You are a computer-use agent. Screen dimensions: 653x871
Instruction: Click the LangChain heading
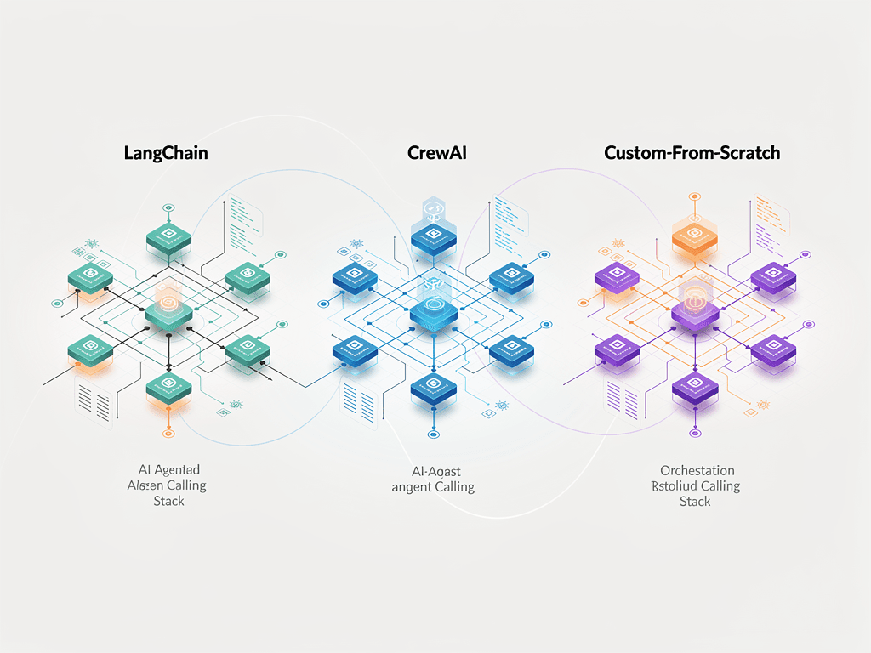(166, 154)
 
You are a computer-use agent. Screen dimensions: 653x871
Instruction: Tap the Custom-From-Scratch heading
(692, 154)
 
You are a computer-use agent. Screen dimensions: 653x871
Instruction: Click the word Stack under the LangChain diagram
(168, 501)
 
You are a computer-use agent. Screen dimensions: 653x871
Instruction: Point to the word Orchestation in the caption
(697, 470)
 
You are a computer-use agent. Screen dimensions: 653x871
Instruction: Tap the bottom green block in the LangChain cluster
(169, 388)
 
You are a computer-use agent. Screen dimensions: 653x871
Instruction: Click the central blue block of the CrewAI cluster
(434, 311)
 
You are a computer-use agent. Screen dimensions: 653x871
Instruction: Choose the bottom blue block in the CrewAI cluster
(434, 388)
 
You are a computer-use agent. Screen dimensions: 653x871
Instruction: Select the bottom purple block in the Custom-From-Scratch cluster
(695, 388)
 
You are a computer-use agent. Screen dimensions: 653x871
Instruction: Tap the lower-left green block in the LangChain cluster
(91, 348)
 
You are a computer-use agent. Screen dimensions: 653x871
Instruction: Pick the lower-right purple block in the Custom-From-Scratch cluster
(772, 348)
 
